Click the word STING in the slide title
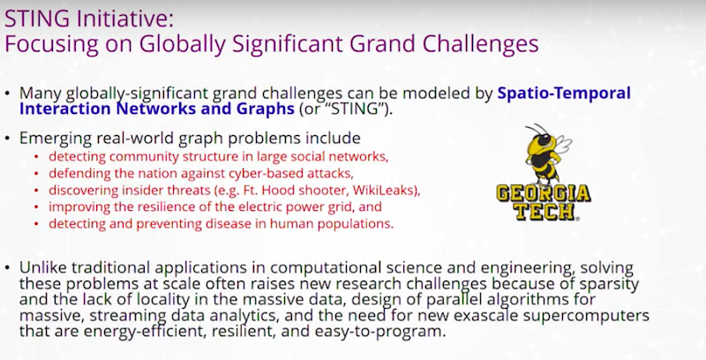click(37, 19)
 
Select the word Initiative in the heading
click(122, 19)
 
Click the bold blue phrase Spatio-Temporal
click(564, 94)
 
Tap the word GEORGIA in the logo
click(544, 193)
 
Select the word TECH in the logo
click(545, 212)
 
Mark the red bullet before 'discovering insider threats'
click(36, 191)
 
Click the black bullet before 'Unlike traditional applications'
click(7, 267)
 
